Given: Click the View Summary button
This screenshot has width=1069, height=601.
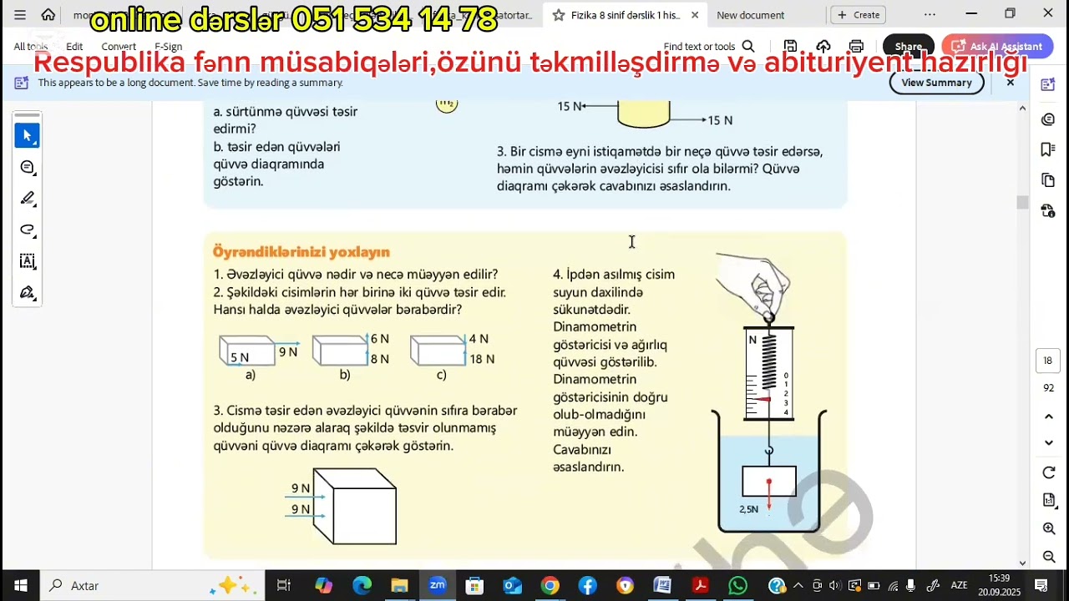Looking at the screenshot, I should coord(936,83).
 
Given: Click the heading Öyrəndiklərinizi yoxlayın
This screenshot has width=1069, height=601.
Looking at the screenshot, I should coord(301,252).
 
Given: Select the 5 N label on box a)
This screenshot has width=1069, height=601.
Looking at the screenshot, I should coord(240,357).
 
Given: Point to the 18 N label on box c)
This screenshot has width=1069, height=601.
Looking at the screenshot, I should coord(482,359).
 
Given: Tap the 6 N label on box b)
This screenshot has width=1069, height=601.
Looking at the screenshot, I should coord(380,339).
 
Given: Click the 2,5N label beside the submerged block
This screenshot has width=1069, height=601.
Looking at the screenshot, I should coord(748,508).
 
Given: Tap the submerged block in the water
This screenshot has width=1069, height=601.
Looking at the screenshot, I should coord(768,482).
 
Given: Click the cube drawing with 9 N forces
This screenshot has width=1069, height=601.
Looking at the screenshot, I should coord(355,507).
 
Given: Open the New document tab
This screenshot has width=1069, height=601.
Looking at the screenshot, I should coord(750,15).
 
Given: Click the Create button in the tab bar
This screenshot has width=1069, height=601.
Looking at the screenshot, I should coord(859,15).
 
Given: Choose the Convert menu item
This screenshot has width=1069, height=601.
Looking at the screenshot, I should coord(119,47).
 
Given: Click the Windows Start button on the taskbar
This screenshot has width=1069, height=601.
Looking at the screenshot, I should coord(20,585).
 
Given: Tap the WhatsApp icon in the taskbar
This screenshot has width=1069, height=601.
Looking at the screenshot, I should coord(737,585).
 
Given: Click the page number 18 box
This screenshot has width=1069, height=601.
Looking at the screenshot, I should coord(1048,361).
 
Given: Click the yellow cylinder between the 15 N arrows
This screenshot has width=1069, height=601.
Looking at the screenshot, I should coord(643,114).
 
